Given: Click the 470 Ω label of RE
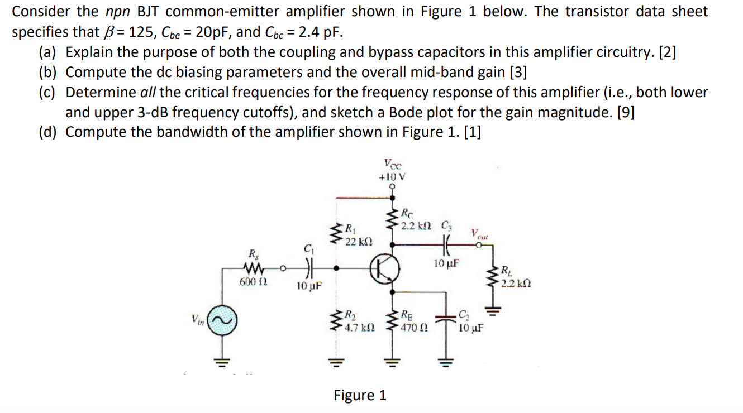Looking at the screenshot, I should pos(414,328).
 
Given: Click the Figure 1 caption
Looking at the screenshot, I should pos(360,395).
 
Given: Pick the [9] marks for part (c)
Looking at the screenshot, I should pos(624,112).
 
